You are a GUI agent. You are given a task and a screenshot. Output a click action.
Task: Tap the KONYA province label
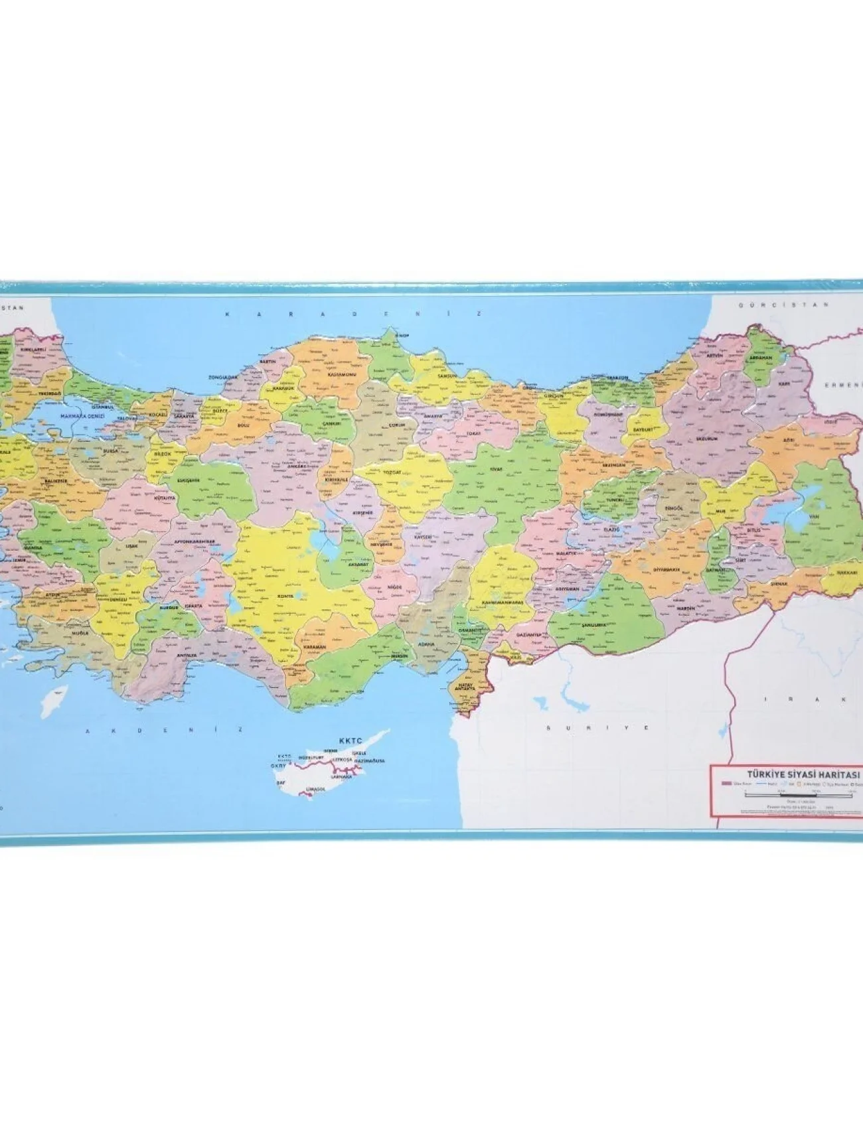pyautogui.click(x=285, y=596)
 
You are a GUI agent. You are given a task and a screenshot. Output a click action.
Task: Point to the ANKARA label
pyautogui.click(x=295, y=466)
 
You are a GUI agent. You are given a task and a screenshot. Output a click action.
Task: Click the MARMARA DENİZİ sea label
pyautogui.click(x=83, y=416)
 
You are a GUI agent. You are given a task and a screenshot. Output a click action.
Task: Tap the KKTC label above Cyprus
pyautogui.click(x=348, y=740)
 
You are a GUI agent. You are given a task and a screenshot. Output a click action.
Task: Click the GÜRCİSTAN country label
pyautogui.click(x=784, y=305)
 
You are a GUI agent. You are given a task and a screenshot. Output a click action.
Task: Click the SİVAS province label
pyautogui.click(x=497, y=469)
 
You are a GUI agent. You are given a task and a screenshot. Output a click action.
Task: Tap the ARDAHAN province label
pyautogui.click(x=761, y=357)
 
